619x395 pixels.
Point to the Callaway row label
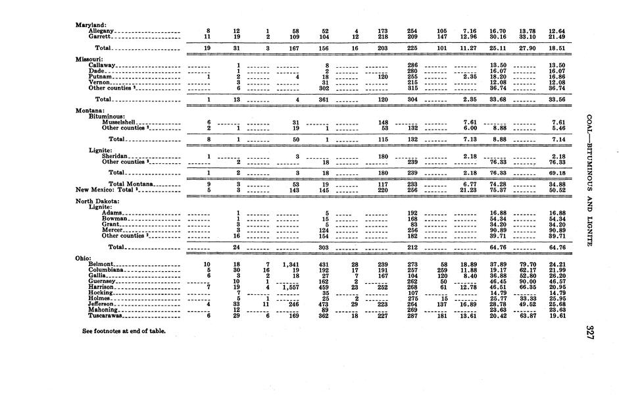[102, 65]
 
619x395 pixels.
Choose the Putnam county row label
[101, 76]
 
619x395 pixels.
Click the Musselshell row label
[119, 122]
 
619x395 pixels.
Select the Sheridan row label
[116, 156]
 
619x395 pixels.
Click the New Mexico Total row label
[105, 190]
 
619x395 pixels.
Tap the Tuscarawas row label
[107, 315]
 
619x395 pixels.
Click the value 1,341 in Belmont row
[289, 264]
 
